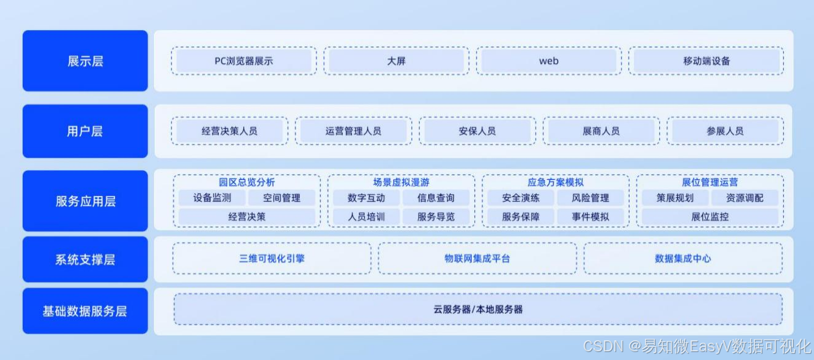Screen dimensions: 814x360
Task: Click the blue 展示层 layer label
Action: [85, 61]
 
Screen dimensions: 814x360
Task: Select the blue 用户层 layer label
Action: [85, 131]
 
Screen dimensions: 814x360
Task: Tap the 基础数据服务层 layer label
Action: [85, 311]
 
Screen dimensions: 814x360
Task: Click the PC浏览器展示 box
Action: [244, 61]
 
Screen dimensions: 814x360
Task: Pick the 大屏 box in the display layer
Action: [396, 61]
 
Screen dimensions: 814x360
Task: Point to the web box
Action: [549, 61]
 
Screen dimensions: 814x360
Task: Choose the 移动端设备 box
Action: [706, 61]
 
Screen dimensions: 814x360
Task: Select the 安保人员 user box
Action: [477, 131]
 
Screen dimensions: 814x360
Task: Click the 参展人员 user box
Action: [725, 131]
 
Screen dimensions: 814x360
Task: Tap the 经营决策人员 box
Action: [229, 131]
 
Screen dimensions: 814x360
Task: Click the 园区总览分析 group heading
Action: [247, 182]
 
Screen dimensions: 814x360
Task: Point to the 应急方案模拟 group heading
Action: [555, 182]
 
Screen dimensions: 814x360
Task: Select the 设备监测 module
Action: [212, 198]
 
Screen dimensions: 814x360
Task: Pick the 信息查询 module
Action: [436, 198]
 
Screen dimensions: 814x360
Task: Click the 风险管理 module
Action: [590, 198]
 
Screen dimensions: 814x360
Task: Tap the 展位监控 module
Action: [710, 216]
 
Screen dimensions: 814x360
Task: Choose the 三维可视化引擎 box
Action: [272, 258]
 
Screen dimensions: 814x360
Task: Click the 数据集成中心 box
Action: [683, 258]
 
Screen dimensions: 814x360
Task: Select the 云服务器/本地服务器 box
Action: [478, 309]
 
